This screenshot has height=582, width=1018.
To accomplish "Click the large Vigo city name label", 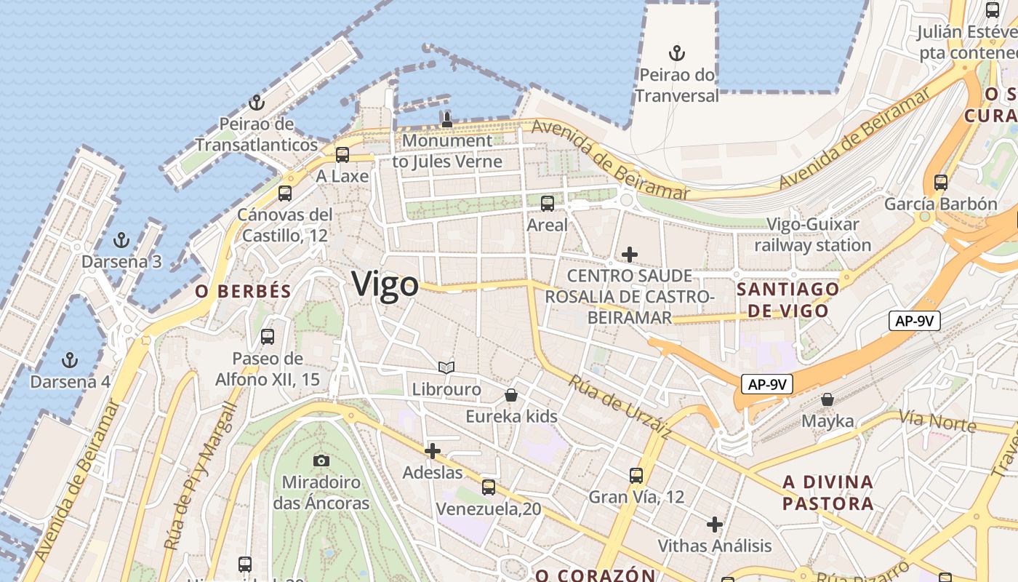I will tap(385, 284).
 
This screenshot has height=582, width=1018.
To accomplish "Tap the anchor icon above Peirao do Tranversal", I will tap(677, 53).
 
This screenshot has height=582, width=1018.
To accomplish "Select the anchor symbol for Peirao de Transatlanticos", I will tap(256, 103).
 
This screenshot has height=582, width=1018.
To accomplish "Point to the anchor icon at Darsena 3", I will tap(121, 240).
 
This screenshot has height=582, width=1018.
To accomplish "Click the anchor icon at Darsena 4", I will tap(70, 360).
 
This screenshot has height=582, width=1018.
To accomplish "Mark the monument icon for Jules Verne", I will tap(447, 119).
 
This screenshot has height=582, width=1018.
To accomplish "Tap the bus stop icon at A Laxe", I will tap(342, 155).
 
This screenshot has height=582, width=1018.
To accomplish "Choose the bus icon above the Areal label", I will tap(548, 204).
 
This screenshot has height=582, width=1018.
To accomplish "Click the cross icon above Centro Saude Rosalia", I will tap(630, 255).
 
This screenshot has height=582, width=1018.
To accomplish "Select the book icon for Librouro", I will tap(446, 368).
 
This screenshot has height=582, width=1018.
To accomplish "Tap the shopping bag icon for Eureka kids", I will tap(511, 395).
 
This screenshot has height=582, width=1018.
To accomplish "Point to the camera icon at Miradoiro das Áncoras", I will tap(321, 461).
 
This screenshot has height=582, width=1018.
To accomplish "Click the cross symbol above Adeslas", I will tap(433, 451).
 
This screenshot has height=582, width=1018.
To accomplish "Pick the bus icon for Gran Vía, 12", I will tap(636, 476).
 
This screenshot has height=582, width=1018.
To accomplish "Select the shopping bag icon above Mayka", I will tap(827, 399).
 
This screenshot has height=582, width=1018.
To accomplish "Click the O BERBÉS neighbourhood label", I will tap(243, 292).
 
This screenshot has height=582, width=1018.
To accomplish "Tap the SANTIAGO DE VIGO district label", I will tap(788, 300).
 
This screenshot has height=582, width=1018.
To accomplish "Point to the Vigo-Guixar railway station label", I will tap(812, 235).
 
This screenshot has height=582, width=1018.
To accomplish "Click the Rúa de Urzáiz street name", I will tap(619, 407).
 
